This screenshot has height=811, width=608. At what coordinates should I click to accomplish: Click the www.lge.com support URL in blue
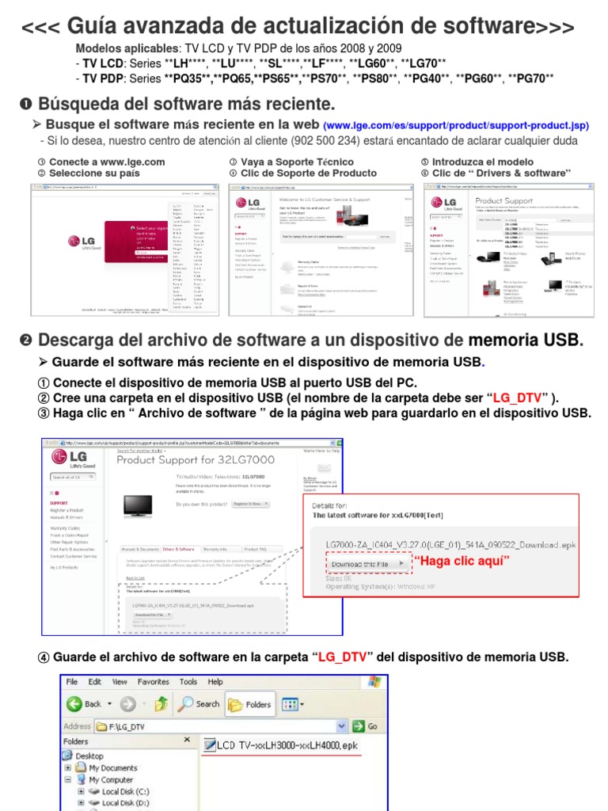pos(457,125)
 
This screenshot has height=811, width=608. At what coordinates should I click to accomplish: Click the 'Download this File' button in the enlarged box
pos(368,563)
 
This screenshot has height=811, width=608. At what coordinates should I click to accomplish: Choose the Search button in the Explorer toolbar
pos(199,703)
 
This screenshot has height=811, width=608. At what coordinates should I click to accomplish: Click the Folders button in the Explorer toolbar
pos(249,703)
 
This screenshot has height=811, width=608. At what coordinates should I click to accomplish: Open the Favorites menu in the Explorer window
pos(153,681)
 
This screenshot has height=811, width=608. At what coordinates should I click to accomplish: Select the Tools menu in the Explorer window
pos(188,681)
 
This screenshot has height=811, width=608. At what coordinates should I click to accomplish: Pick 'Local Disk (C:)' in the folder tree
pos(125,791)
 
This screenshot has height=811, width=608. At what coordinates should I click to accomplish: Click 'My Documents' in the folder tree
pos(113,767)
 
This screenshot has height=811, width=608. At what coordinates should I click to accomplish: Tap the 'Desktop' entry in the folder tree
pos(89,756)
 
